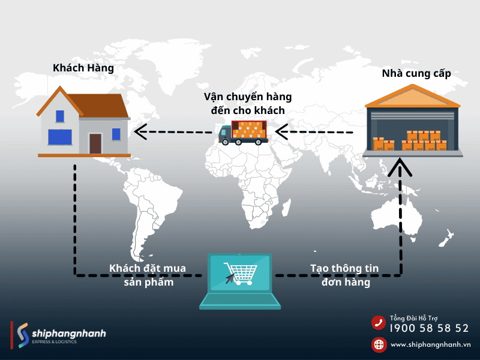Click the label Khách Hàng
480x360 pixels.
[83, 68]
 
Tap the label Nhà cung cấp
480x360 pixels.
[416, 74]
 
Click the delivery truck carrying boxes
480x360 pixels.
[243, 133]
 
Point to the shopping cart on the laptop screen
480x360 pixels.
[240, 274]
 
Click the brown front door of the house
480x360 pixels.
[95, 143]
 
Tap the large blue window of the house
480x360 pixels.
[60, 137]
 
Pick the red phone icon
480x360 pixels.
[379, 323]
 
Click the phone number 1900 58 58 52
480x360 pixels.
[429, 328]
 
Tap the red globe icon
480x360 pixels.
[379, 344]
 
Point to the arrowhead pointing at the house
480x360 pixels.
[139, 131]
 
